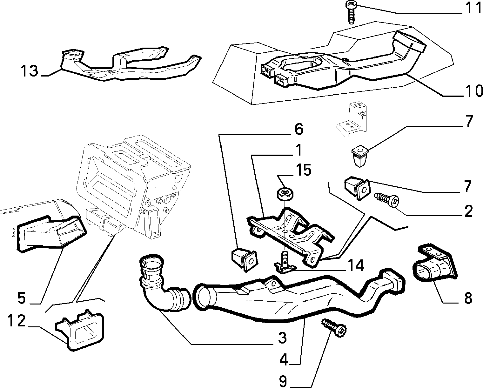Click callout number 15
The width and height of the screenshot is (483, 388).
pyautogui.click(x=304, y=170)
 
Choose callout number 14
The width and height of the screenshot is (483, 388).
pyautogui.click(x=355, y=265)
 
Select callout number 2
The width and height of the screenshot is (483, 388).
pyautogui.click(x=468, y=211)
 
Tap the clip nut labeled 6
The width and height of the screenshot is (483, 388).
pyautogui.click(x=245, y=259)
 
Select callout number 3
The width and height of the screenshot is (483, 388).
pyautogui.click(x=282, y=338)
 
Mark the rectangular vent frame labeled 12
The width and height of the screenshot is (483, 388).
pyautogui.click(x=80, y=330)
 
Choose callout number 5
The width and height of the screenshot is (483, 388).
pyautogui.click(x=22, y=298)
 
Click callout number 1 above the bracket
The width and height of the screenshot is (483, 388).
pyautogui.click(x=299, y=151)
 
